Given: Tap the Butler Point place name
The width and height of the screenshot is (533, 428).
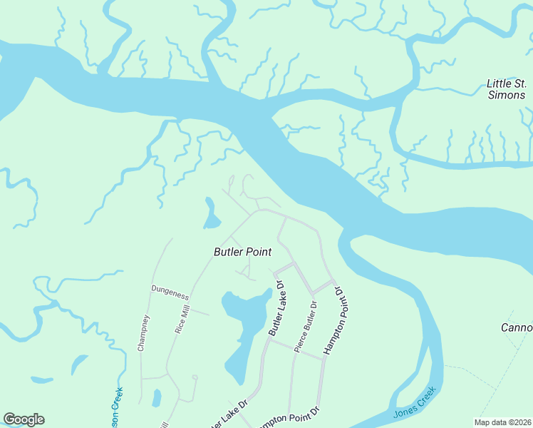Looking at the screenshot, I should pyautogui.click(x=244, y=252).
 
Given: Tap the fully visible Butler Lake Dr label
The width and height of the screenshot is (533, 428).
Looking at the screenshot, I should pyautogui.click(x=276, y=308).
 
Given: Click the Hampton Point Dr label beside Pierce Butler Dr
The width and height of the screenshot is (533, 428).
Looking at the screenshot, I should pyautogui.click(x=333, y=322).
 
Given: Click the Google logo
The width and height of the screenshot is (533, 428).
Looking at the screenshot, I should pyautogui.click(x=24, y=419).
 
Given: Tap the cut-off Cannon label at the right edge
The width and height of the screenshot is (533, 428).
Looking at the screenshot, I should pyautogui.click(x=517, y=327).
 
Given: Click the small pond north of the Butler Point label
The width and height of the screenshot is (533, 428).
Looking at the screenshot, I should pyautogui.click(x=210, y=214).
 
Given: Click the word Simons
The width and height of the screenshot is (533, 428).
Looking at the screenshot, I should pyautogui.click(x=506, y=95).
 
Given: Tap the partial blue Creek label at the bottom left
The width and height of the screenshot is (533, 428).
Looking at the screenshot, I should pyautogui.click(x=116, y=407).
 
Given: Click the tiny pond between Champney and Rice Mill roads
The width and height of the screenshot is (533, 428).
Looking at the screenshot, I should pyautogui.click(x=157, y=397).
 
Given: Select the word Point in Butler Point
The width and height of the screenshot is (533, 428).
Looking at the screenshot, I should pyautogui.click(x=259, y=252).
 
